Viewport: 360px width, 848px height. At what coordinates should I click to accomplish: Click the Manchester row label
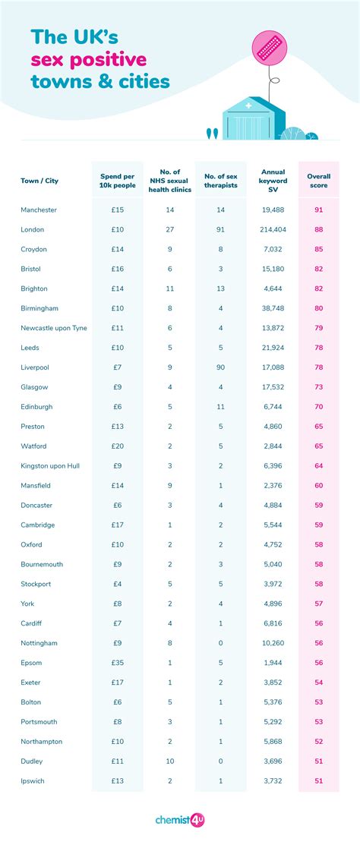pyautogui.click(x=39, y=210)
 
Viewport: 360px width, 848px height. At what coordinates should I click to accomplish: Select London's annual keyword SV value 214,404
pyautogui.click(x=273, y=229)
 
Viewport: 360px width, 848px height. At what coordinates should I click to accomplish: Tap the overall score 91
pyautogui.click(x=318, y=210)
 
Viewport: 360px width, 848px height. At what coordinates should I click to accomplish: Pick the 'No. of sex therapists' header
pyautogui.click(x=220, y=181)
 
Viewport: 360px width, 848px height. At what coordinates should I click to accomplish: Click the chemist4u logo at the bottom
pyautogui.click(x=179, y=820)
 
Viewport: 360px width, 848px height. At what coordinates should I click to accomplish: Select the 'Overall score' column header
pyautogui.click(x=318, y=181)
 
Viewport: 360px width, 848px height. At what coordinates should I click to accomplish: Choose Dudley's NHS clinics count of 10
pyautogui.click(x=169, y=761)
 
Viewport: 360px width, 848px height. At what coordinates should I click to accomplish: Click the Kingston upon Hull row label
pyautogui.click(x=50, y=465)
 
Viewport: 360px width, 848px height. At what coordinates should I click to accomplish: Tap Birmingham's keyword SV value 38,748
pyautogui.click(x=273, y=308)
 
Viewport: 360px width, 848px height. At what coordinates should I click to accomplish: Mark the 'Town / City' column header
pyautogui.click(x=39, y=181)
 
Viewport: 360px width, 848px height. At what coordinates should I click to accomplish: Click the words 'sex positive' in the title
pyautogui.click(x=89, y=60)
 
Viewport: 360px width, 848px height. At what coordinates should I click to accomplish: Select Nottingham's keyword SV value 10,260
pyautogui.click(x=273, y=643)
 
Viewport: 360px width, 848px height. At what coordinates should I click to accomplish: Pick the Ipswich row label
pyautogui.click(x=32, y=781)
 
